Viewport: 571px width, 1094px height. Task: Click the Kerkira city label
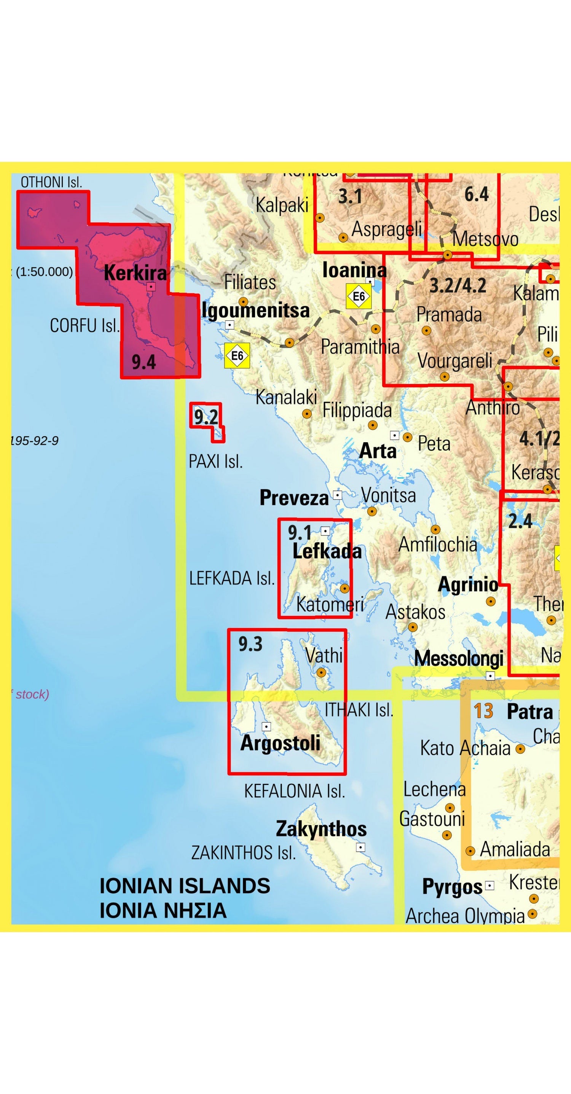point(135,273)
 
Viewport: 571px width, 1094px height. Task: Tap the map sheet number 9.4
point(144,362)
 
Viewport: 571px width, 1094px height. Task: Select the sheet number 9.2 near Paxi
point(206,417)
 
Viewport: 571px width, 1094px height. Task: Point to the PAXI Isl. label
point(215,461)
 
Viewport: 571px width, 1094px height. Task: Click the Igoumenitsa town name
point(256,310)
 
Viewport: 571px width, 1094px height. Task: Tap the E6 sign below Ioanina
point(359,296)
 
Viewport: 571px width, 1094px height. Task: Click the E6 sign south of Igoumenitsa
point(237,355)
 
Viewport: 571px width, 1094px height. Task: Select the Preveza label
point(294,498)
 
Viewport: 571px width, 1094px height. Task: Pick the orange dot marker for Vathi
point(322,672)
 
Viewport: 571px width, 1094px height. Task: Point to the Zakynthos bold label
point(321,828)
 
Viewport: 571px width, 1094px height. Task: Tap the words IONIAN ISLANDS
point(185,886)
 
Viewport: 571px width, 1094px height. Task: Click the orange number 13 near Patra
point(483,711)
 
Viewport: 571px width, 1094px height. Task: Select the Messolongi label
point(459,659)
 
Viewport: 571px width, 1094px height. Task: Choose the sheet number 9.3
point(250,644)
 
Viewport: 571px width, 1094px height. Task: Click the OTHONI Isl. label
point(51,182)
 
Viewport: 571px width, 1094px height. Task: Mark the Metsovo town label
point(485,239)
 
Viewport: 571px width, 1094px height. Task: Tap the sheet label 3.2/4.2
point(458,285)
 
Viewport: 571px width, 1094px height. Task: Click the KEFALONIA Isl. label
point(294,791)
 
